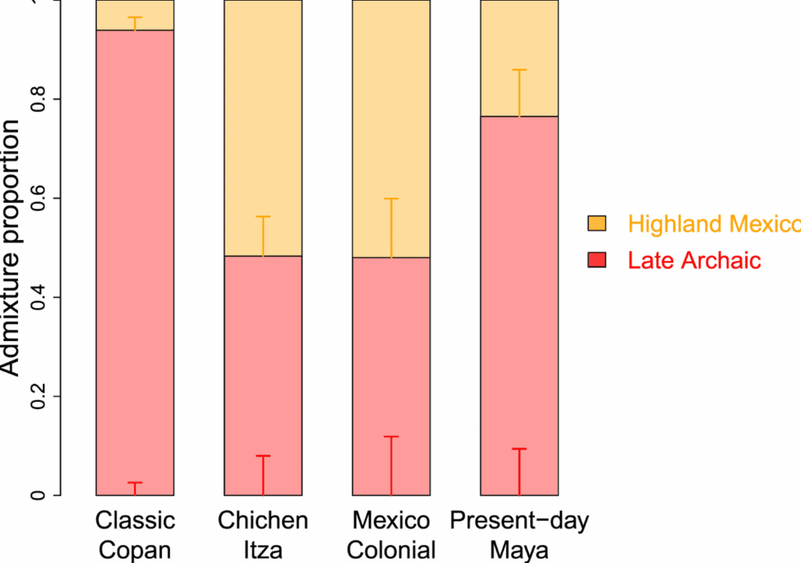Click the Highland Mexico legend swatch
pyautogui.click(x=597, y=224)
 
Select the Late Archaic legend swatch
pyautogui.click(x=597, y=260)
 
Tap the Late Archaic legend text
pyautogui.click(x=694, y=260)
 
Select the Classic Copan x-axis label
pyautogui.click(x=135, y=535)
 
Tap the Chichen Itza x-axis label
pyautogui.click(x=263, y=535)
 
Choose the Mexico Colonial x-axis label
pyautogui.click(x=391, y=535)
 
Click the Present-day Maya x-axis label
pyautogui.click(x=519, y=535)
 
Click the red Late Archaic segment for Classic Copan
pyautogui.click(x=135, y=258)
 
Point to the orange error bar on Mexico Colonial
pyautogui.click(x=391, y=228)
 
